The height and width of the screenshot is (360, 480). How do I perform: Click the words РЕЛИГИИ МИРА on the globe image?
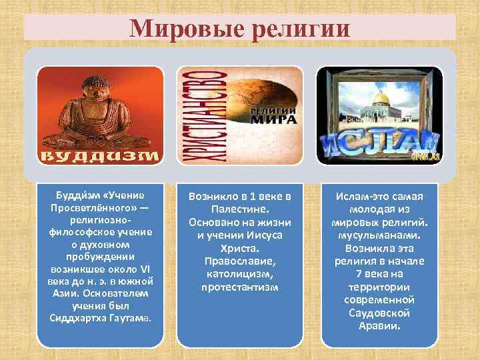271,114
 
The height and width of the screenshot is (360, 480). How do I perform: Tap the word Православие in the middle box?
240,261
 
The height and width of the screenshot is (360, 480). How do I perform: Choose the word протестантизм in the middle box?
240,287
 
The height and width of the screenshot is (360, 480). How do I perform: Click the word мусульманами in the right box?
379,235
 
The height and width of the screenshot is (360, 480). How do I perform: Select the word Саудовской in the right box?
379,313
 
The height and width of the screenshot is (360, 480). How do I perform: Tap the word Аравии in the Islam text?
379,326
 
